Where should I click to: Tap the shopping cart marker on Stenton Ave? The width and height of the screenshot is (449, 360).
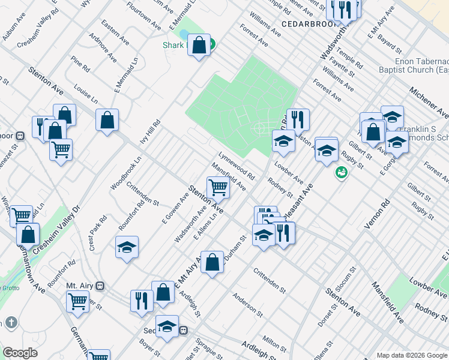tap(217, 188)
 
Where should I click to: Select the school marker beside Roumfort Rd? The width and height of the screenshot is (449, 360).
tap(127, 247)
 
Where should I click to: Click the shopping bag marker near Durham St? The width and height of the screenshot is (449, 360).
tap(212, 263)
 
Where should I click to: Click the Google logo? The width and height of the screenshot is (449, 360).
tap(20, 353)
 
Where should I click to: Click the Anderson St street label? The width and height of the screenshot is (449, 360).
tap(248, 304)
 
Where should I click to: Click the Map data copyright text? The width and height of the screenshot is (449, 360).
tap(412, 355)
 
